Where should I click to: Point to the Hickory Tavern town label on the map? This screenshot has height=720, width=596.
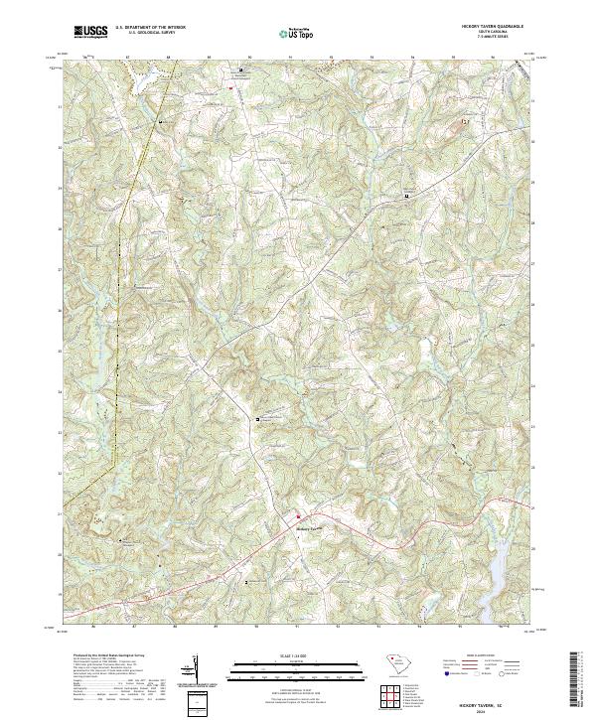311,528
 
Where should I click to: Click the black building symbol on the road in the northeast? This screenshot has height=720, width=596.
405,196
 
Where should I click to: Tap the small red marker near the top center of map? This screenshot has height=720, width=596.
230,88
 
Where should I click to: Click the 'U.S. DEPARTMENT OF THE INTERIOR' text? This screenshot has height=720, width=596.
150,28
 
